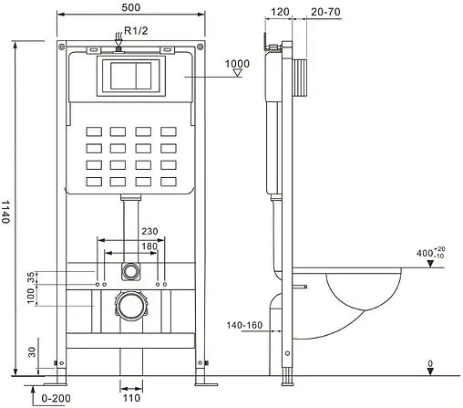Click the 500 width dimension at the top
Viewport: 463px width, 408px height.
coord(132,8)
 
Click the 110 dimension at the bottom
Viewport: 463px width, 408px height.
coord(132,397)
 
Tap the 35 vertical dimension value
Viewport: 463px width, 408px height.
coord(30,277)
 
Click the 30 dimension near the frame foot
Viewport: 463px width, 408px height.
coord(30,351)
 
